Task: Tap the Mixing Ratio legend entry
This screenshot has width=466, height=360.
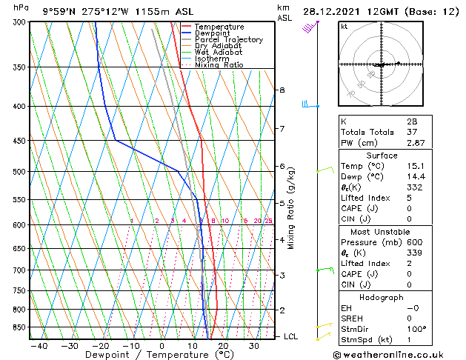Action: click(x=223, y=65)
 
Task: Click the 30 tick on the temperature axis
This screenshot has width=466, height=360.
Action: click(x=254, y=345)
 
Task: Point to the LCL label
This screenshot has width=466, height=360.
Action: click(x=291, y=336)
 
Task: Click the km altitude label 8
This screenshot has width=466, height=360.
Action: click(x=282, y=90)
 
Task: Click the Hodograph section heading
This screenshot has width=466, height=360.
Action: click(x=382, y=297)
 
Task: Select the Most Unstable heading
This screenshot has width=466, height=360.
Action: click(x=382, y=231)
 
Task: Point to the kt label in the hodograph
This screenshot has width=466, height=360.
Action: click(x=344, y=27)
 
